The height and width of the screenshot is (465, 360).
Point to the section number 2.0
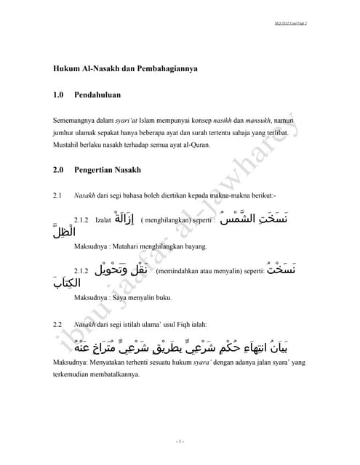(59, 170)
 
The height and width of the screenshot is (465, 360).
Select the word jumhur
(63, 134)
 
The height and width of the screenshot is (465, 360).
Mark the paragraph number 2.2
(57, 323)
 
